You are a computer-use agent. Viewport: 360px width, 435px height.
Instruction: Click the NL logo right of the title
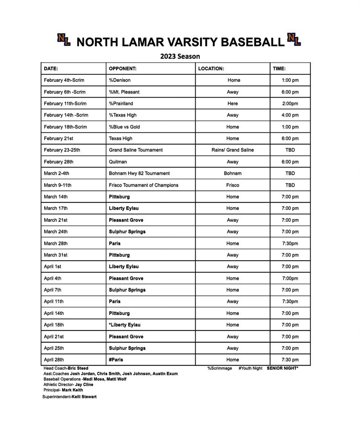pyautogui.click(x=294, y=40)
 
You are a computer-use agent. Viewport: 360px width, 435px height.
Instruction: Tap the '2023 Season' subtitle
pyautogui.click(x=180, y=56)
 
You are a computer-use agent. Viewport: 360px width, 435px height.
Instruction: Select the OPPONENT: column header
pyautogui.click(x=123, y=69)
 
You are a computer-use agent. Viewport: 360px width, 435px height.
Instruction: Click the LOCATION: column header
pyautogui.click(x=211, y=69)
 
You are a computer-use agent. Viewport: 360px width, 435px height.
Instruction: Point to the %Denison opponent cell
pyautogui.click(x=120, y=80)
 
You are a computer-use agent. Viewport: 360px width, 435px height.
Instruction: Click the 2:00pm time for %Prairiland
pyautogui.click(x=290, y=104)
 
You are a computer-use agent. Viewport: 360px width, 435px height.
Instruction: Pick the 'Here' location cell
pyautogui.click(x=233, y=104)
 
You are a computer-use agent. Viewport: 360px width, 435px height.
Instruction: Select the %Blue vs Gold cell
pyautogui.click(x=124, y=127)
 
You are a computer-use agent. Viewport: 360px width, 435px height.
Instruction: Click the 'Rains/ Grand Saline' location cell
pyautogui.click(x=233, y=150)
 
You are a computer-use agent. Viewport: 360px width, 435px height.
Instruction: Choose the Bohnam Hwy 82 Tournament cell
pyautogui.click(x=139, y=173)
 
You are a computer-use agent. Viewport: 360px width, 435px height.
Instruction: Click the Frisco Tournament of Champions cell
pyautogui.click(x=143, y=185)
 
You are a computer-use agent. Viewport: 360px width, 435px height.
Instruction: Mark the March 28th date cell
pyautogui.click(x=56, y=243)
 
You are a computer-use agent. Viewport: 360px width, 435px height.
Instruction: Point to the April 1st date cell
pyautogui.click(x=53, y=266)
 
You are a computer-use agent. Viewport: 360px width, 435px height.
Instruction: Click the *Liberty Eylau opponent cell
pyautogui.click(x=124, y=325)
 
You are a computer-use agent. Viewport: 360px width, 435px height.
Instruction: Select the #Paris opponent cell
pyautogui.click(x=116, y=360)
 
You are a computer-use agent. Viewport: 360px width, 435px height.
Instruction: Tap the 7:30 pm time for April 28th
pyautogui.click(x=290, y=360)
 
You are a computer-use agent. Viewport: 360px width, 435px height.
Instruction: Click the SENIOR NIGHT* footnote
pyautogui.click(x=282, y=368)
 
